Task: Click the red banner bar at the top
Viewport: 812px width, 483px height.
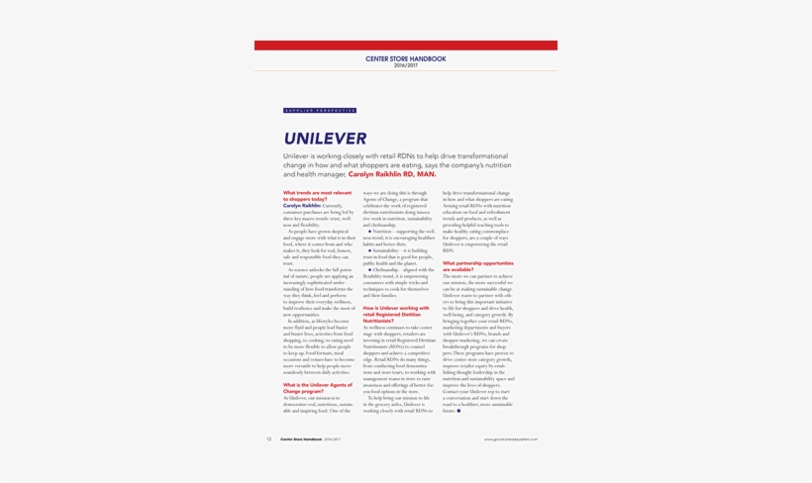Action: click(x=405, y=46)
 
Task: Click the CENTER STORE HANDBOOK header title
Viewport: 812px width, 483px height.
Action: click(x=405, y=59)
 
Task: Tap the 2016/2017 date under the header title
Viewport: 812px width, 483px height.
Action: click(x=405, y=65)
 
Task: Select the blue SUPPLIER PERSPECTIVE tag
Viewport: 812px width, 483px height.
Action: click(x=320, y=111)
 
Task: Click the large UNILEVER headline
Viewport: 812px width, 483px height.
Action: click(x=325, y=139)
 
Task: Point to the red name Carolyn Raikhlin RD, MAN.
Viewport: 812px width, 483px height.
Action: click(x=392, y=174)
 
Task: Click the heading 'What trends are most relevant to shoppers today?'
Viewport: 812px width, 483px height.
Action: click(x=317, y=196)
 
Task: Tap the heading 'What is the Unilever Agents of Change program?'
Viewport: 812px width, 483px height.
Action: click(x=317, y=387)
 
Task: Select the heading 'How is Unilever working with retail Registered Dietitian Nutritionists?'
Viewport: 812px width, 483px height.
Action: click(x=396, y=314)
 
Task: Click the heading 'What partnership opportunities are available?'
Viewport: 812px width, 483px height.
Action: click(x=477, y=266)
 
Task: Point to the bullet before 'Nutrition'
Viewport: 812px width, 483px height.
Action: click(x=370, y=232)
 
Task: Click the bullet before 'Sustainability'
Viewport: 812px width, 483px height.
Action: click(x=370, y=250)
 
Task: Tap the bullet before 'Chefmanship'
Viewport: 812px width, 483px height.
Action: click(x=370, y=269)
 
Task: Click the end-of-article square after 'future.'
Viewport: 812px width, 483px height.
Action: click(x=459, y=411)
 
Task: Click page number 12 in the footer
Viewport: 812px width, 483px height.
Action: click(x=268, y=439)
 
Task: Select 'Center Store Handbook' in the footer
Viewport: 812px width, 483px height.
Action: click(x=300, y=439)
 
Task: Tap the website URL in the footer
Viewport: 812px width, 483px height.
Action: click(x=510, y=439)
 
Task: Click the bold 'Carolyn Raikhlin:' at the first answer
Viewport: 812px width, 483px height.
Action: click(x=301, y=206)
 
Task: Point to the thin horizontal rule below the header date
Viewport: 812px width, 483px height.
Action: click(x=405, y=71)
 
